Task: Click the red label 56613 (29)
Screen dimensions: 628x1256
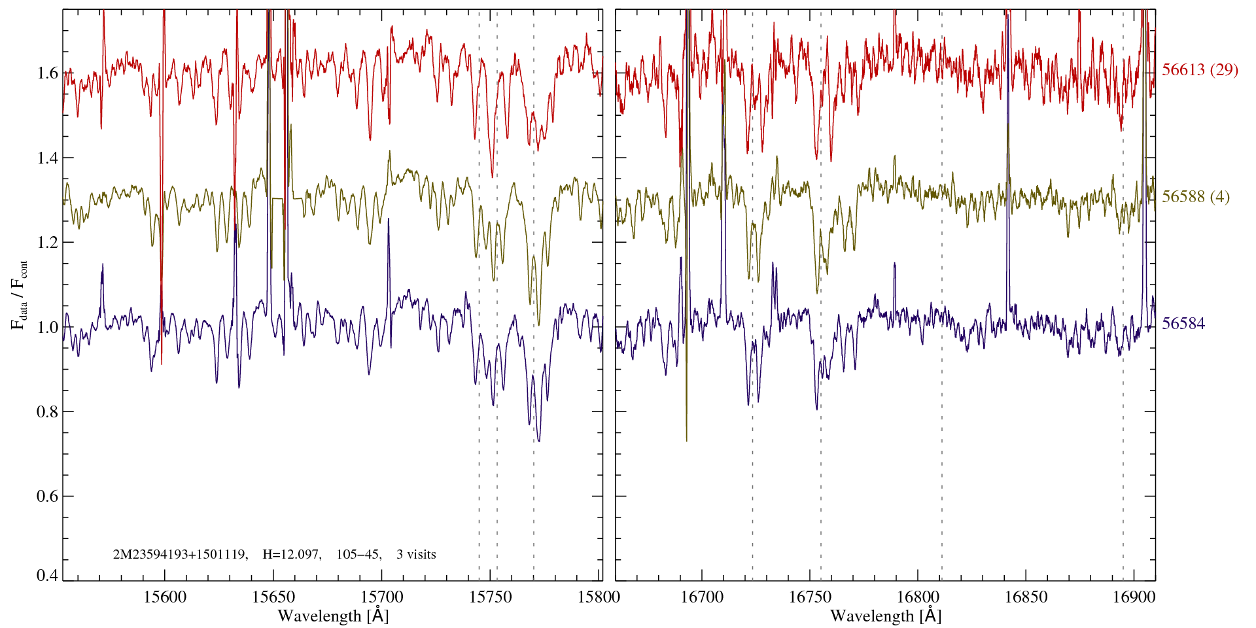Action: click(1200, 70)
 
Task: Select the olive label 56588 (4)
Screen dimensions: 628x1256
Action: click(1195, 197)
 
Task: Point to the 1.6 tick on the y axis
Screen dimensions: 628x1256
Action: click(47, 73)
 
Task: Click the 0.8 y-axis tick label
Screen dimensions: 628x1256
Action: click(47, 412)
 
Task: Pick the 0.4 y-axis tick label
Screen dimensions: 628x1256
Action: click(47, 576)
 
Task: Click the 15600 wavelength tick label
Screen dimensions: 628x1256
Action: click(165, 597)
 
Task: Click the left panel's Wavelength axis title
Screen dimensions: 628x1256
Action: click(333, 616)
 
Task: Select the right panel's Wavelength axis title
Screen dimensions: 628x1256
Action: click(886, 616)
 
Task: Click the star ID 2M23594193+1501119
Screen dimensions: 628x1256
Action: click(180, 555)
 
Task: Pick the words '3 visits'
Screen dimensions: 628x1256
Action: click(416, 555)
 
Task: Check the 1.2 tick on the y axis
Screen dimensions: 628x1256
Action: click(47, 243)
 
